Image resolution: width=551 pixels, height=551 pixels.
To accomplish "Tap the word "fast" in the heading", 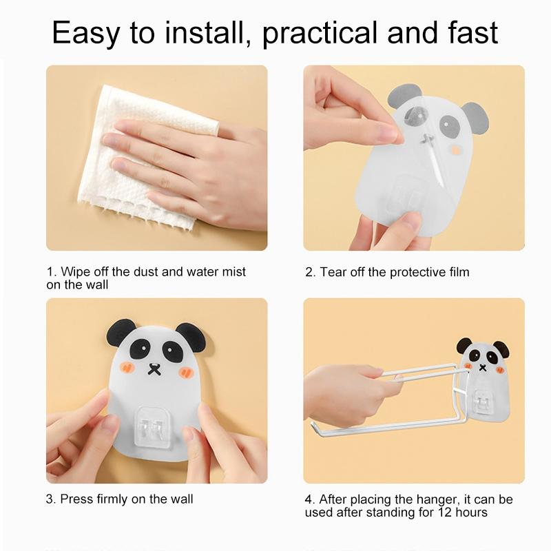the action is click(x=473, y=32).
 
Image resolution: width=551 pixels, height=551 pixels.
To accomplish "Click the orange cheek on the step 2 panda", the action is click(x=456, y=150).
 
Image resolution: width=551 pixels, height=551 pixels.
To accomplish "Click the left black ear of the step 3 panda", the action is click(x=119, y=334).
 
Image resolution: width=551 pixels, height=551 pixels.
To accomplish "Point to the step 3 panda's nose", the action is click(x=153, y=368).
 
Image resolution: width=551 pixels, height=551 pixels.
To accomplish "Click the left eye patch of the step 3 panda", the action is click(x=143, y=349).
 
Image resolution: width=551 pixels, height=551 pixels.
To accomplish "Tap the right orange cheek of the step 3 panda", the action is click(x=187, y=372).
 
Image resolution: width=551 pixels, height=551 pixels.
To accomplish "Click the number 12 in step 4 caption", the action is click(x=444, y=512).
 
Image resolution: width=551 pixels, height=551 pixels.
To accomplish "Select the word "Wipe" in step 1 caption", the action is click(x=73, y=271).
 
